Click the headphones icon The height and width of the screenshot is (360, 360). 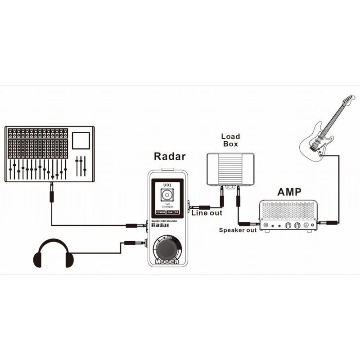(53, 254)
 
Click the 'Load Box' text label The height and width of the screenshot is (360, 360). (230, 140)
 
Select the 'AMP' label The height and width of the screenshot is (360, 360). (289, 192)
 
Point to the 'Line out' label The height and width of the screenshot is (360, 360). (207, 213)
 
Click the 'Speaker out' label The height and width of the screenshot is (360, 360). (238, 230)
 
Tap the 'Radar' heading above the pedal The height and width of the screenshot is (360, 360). (170, 157)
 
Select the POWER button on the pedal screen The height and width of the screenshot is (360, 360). (161, 211)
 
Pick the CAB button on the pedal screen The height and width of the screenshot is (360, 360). (170, 211)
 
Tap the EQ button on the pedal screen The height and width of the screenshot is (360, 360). (177, 211)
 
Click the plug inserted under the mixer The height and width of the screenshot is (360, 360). (52, 193)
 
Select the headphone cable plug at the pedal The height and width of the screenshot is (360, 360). (135, 243)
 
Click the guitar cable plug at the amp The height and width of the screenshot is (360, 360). (325, 222)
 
